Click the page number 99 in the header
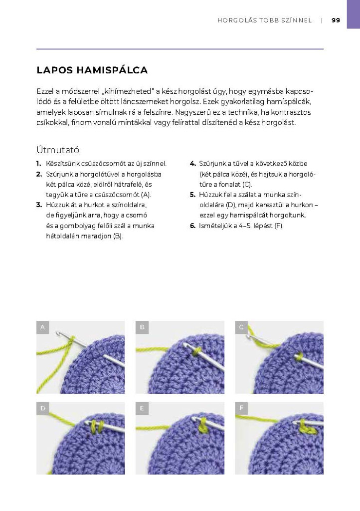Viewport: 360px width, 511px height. coord(336,20)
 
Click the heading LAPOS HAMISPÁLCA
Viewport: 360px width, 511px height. coord(92,70)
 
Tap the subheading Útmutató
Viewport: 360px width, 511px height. coord(58,149)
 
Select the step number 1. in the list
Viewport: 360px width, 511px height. coord(39,163)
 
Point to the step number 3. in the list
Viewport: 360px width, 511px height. coord(39,205)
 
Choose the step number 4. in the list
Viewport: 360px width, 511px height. coord(192,163)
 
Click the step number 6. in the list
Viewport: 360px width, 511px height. coord(192,226)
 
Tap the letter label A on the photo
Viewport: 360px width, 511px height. coord(43,327)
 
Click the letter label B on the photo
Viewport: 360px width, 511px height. coord(142,327)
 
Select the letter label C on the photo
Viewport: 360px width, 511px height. coord(241,327)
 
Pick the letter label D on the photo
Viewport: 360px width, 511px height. coord(43,409)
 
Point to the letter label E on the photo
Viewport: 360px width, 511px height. coord(142,409)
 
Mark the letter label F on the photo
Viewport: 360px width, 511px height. coord(241,409)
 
